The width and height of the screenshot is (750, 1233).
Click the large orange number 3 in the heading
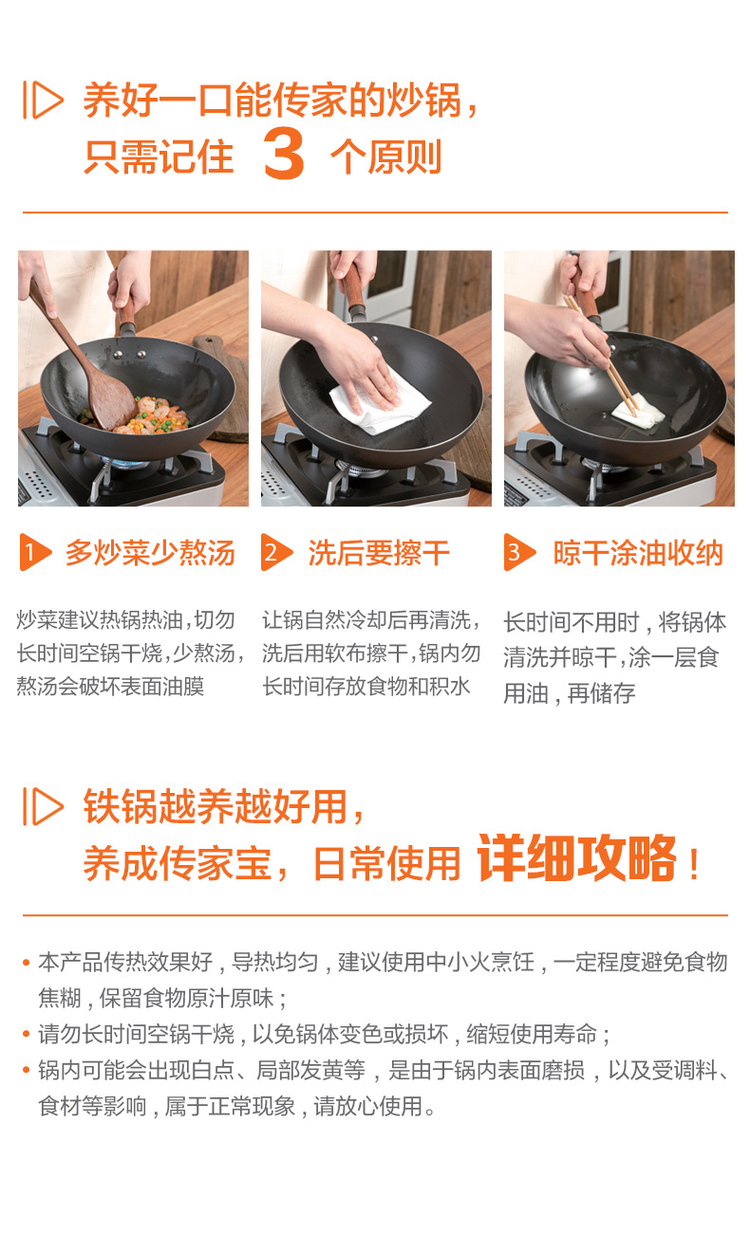(x=284, y=154)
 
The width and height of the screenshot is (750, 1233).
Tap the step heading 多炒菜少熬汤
(x=150, y=553)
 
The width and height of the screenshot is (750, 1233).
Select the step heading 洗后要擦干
(x=379, y=553)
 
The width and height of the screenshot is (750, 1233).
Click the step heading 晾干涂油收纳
(x=638, y=553)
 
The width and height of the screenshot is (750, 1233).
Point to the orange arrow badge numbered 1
(x=35, y=552)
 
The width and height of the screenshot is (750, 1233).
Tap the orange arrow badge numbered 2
(x=276, y=552)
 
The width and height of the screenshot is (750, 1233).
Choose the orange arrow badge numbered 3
(x=519, y=552)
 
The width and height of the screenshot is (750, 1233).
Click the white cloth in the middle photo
(x=381, y=404)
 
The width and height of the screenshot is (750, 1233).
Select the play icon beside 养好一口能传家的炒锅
(x=43, y=100)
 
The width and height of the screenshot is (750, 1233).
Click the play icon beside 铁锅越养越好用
(x=43, y=806)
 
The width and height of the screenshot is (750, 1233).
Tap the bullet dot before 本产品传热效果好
(x=26, y=963)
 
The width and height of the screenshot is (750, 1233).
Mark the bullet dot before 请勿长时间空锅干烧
(x=26, y=1034)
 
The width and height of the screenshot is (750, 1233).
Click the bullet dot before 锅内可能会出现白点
(x=26, y=1070)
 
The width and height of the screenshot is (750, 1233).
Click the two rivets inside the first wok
(x=129, y=355)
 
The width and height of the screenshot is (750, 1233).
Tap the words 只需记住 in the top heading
(x=159, y=156)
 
